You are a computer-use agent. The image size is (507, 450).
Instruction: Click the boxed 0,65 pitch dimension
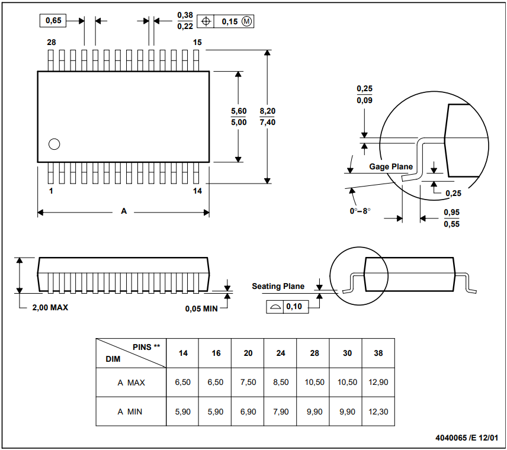pyautogui.click(x=53, y=21)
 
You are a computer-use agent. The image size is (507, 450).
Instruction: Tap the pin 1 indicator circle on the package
pyautogui.click(x=54, y=144)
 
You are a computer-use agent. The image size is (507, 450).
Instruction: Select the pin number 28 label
pyautogui.click(x=52, y=43)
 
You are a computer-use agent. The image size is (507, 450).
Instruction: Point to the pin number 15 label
pyautogui.click(x=197, y=43)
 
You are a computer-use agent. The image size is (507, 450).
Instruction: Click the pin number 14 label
pyautogui.click(x=197, y=191)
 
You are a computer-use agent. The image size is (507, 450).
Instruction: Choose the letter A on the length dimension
pyautogui.click(x=124, y=211)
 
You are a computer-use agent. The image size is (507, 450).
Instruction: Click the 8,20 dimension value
pyautogui.click(x=267, y=111)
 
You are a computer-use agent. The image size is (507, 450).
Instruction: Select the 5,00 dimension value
pyautogui.click(x=239, y=122)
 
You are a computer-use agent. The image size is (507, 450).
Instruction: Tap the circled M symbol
pyautogui.click(x=247, y=22)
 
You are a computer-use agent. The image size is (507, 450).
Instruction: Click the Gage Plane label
pyautogui.click(x=391, y=166)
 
